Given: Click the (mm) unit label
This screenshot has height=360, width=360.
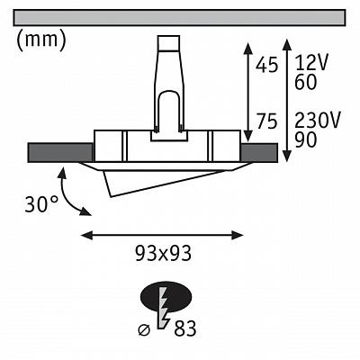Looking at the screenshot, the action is [x=40, y=40].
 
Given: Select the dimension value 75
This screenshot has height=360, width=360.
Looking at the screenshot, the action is [x=266, y=121].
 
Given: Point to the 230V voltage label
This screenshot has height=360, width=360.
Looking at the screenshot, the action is [x=318, y=121].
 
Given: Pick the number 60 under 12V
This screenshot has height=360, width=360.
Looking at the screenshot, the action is [x=305, y=82].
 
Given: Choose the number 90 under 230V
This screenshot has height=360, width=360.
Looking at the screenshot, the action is [x=305, y=139].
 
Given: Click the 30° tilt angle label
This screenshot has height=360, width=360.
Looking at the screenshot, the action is [x=41, y=204].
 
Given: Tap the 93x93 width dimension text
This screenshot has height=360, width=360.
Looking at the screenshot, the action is [x=163, y=254].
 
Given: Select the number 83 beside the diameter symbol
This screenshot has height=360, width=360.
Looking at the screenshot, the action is [x=185, y=328].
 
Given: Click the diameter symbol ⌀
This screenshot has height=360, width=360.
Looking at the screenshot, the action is [x=144, y=330].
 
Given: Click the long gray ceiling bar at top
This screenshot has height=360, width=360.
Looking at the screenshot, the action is [x=179, y=18].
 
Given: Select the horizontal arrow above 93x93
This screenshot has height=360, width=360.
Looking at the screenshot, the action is [x=162, y=235].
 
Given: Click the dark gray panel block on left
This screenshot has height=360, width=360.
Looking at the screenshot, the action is [x=60, y=153].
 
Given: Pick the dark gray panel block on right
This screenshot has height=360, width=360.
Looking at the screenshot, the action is [x=259, y=153].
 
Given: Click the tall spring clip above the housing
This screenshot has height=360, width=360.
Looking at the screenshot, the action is [x=169, y=87].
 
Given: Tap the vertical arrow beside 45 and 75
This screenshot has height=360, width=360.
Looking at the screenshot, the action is [x=247, y=92].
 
